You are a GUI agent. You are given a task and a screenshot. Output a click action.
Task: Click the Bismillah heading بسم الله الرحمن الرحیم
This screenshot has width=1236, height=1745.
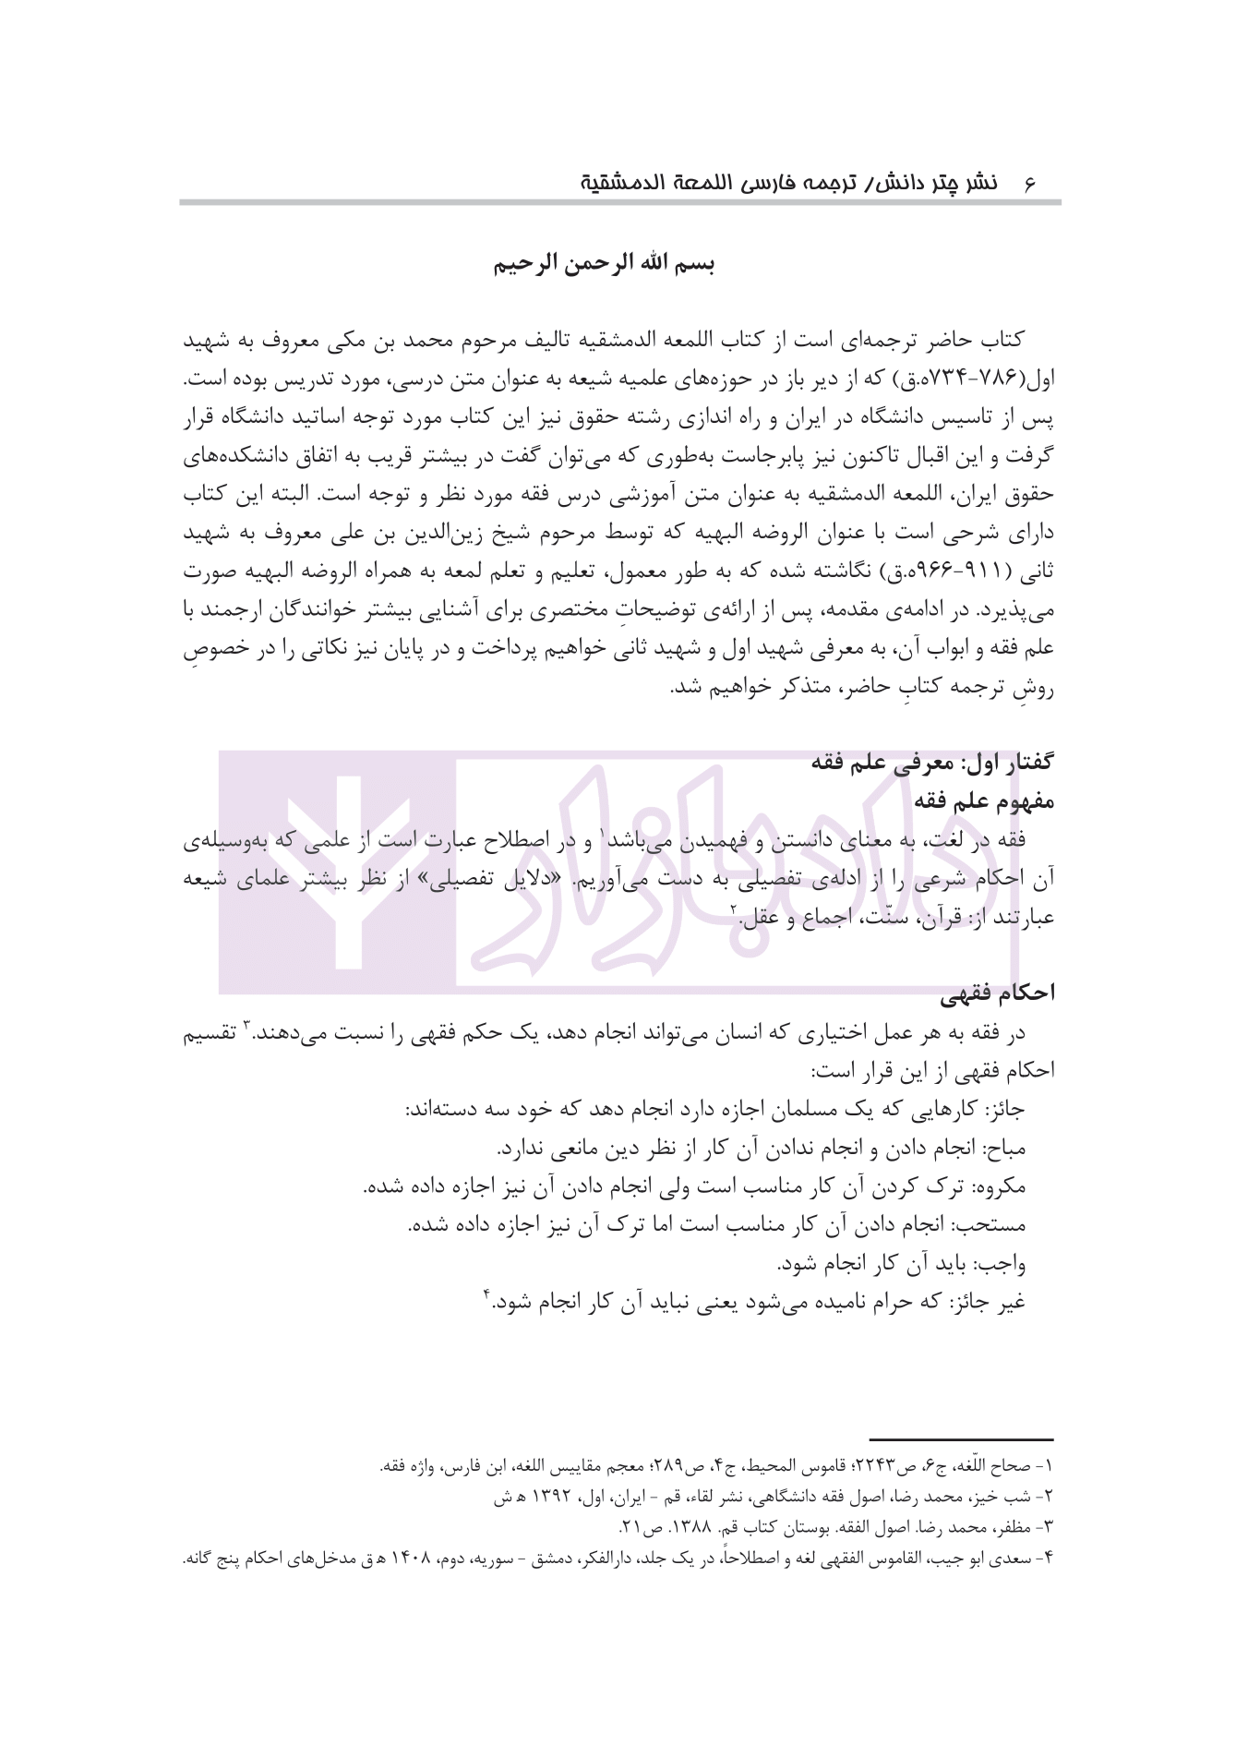click(604, 264)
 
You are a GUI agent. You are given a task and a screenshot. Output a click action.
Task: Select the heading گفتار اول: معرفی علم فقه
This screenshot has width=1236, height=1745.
click(931, 763)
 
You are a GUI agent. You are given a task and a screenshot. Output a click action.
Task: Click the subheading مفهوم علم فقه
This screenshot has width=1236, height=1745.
click(984, 801)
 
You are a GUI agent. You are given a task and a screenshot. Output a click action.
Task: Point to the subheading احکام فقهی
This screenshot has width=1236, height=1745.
click(997, 993)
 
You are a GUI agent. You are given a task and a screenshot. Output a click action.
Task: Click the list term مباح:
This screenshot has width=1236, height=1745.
click(1003, 1149)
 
